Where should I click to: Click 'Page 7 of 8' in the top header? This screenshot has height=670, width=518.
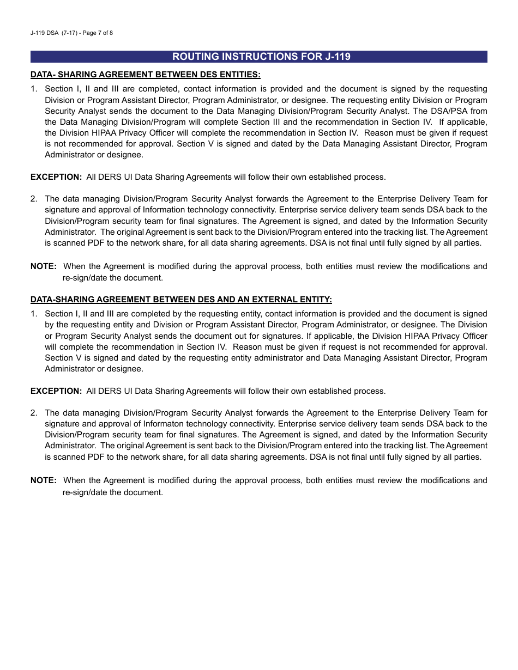96,33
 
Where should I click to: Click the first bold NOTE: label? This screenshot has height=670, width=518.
44,266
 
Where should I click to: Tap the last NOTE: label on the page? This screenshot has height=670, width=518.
44,480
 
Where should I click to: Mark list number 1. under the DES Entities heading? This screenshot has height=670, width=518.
34,89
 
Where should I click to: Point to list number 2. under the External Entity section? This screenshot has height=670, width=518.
34,413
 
